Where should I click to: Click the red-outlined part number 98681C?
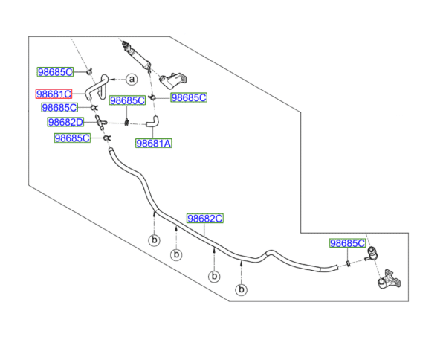click(x=55, y=94)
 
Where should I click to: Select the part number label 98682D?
click(x=66, y=122)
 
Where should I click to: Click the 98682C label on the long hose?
click(x=204, y=219)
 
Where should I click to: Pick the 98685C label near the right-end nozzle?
click(x=348, y=243)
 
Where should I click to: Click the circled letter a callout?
click(x=131, y=79)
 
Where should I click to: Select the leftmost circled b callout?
click(x=154, y=240)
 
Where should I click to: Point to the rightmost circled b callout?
click(x=241, y=289)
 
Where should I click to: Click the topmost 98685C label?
click(x=56, y=72)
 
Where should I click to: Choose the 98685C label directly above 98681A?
click(x=128, y=100)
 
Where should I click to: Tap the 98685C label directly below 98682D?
click(x=72, y=138)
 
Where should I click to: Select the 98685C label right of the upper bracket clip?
click(x=189, y=97)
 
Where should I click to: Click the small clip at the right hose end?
click(x=346, y=263)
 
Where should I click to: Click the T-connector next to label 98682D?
click(x=101, y=122)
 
